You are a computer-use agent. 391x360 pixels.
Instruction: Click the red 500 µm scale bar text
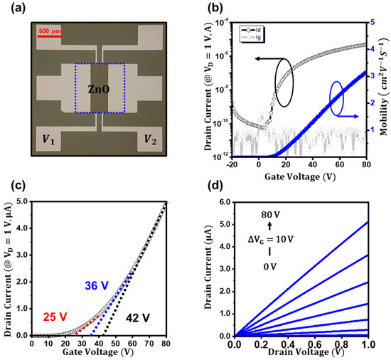pos(48,31)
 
